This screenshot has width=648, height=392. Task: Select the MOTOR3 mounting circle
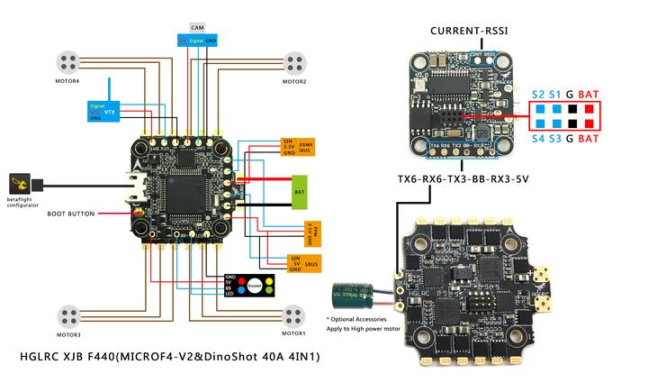[x=69, y=315]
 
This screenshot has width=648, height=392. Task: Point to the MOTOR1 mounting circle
[x=294, y=315]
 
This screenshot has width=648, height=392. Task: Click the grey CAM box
[x=197, y=29]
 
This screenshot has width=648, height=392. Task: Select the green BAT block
[x=300, y=192]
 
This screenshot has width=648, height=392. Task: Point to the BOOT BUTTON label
[x=70, y=214]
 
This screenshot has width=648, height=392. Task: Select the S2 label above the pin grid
[x=538, y=94]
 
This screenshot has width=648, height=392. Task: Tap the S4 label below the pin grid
[x=538, y=139]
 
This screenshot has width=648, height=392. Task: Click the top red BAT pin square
[x=589, y=109]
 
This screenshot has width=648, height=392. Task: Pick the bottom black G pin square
[x=572, y=123]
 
